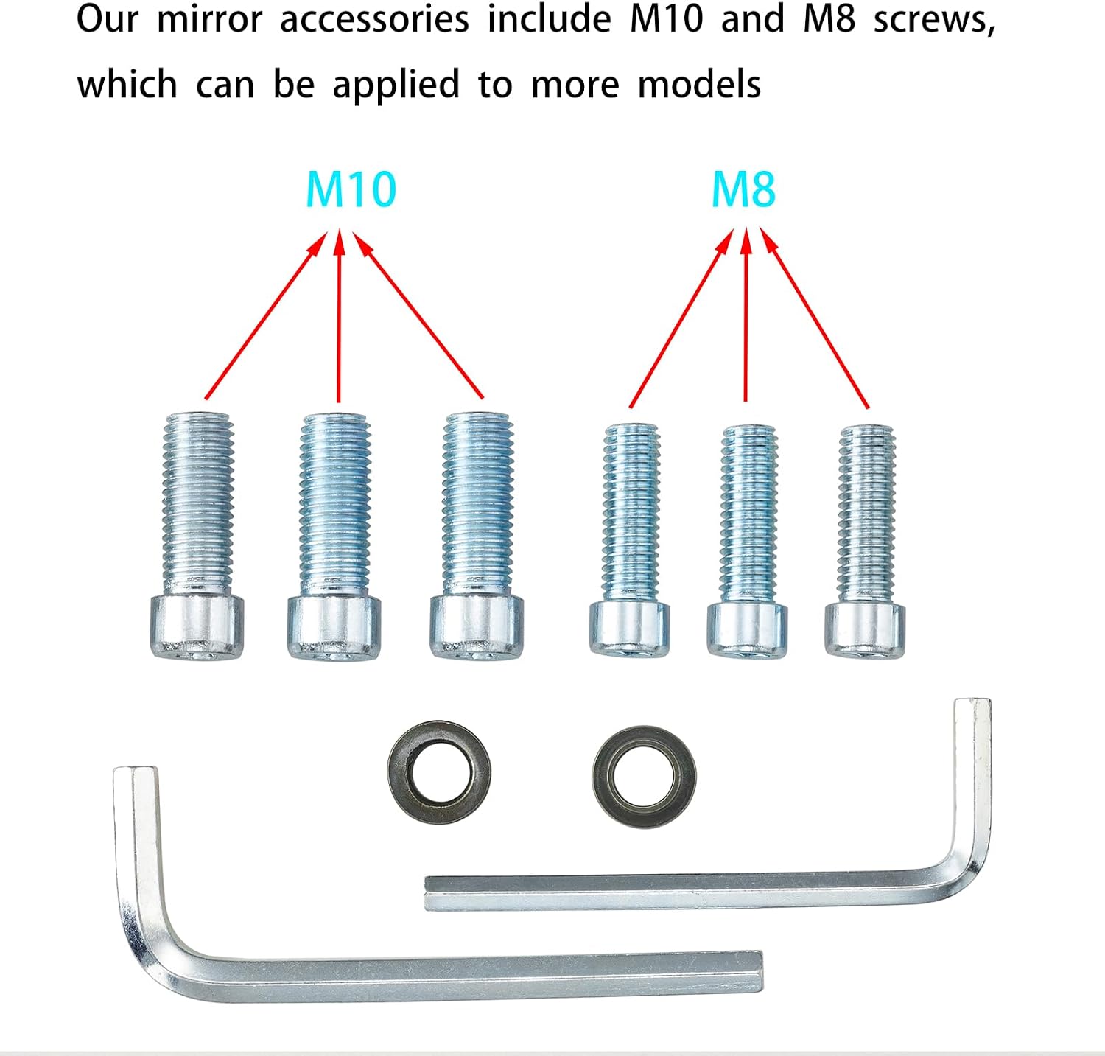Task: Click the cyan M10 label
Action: [x=351, y=189]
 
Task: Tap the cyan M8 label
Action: [x=743, y=189]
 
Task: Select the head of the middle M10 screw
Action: [x=334, y=628]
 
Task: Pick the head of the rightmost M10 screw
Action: [x=477, y=627]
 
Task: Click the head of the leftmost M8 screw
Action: [x=629, y=628]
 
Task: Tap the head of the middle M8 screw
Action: [x=747, y=629]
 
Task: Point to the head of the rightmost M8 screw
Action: [x=865, y=629]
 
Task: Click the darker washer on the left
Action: [x=440, y=772]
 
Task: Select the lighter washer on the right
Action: [x=644, y=777]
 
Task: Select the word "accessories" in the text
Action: [x=374, y=19]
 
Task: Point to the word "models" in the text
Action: [x=699, y=85]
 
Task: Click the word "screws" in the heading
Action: [x=935, y=21]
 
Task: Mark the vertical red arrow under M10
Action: [x=339, y=316]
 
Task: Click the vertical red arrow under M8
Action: [x=746, y=315]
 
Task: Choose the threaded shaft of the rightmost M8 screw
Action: [x=866, y=514]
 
